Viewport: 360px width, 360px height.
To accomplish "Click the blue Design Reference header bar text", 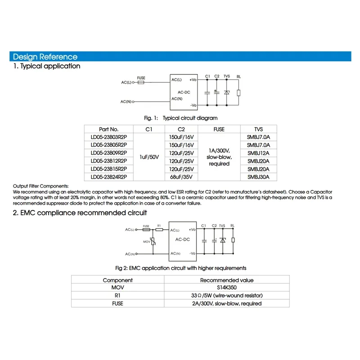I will point(45,57).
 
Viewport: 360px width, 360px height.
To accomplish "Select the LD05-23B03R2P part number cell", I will point(108,137).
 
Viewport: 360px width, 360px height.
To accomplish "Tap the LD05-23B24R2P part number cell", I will point(108,177).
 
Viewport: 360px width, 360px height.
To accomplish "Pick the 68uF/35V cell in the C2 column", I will point(181,177).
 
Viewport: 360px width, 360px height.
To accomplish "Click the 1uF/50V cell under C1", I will point(149,157).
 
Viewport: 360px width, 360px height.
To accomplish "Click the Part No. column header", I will point(108,129).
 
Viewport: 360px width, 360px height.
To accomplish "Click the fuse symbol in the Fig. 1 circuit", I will point(141,83).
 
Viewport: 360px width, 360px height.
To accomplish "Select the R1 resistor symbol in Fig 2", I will point(159,229).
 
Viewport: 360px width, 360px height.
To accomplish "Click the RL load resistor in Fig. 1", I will point(238,93).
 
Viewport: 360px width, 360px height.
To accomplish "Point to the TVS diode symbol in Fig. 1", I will point(227,92).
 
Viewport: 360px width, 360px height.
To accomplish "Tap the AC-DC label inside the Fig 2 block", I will point(182,239).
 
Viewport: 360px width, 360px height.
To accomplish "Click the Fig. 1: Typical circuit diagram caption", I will point(180,118).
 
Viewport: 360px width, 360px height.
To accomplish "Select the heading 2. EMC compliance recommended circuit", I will point(79,212).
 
